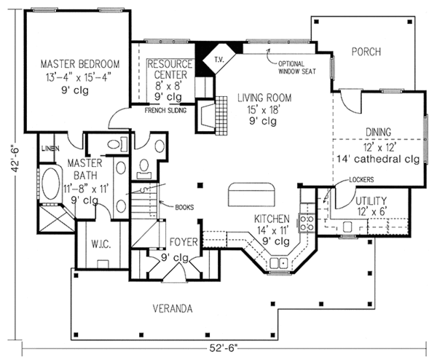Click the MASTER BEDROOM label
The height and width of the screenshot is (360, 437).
pos(80,63)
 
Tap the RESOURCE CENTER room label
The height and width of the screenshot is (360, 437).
pos(169,69)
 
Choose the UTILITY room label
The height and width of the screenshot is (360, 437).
pos(371,200)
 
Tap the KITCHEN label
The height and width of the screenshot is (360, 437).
pos(272,219)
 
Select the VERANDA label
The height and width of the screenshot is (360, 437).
pos(173,308)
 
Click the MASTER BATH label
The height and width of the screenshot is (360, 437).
pos(83,170)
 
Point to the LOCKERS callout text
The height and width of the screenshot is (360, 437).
pos(341,178)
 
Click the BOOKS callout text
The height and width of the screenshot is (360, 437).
pos(184,207)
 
